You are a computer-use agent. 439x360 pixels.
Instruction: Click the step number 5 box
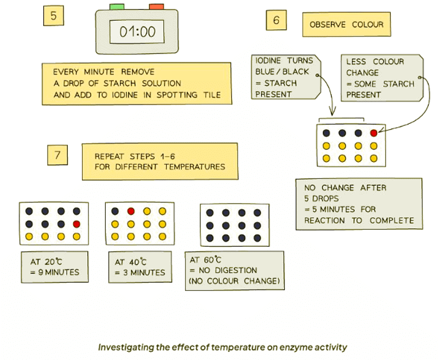[53, 16]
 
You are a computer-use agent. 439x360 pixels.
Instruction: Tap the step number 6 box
[276, 21]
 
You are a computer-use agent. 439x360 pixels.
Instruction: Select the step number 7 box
[57, 155]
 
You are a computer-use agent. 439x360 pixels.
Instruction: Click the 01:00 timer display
[137, 32]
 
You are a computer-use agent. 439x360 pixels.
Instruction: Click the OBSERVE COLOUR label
[346, 25]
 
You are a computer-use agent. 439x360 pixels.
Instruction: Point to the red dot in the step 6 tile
[373, 132]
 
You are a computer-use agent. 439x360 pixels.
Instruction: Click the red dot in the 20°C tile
[77, 224]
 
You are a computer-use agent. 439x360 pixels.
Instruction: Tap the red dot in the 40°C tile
[131, 211]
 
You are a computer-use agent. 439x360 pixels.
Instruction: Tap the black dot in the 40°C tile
[115, 211]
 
